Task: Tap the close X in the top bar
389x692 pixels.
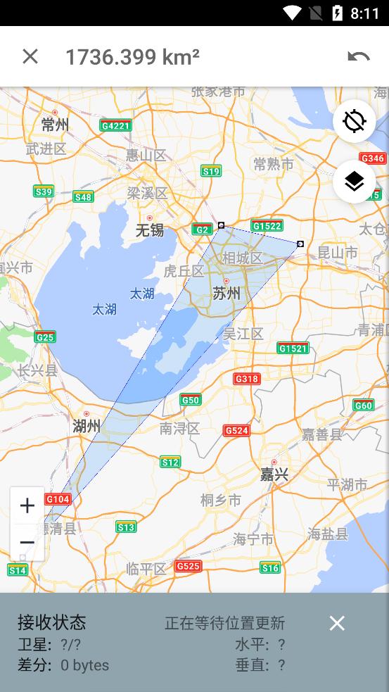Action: [x=30, y=56]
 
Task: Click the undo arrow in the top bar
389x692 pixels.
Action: [x=358, y=57]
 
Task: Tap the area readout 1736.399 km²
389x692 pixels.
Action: [x=132, y=57]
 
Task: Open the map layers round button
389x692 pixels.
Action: [x=354, y=182]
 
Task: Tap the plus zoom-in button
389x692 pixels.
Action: [x=27, y=505]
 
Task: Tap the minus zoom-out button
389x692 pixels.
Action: [x=27, y=542]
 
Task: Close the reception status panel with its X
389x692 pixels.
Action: [x=337, y=623]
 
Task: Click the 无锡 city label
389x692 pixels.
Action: [x=149, y=230]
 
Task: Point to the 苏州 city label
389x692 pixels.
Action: [x=226, y=293]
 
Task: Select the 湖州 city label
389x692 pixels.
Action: [x=87, y=425]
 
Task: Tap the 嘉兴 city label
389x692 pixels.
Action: [x=274, y=474]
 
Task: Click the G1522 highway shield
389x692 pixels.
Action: [x=267, y=226]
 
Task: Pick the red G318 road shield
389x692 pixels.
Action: [x=247, y=379]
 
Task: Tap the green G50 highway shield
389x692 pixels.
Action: [x=191, y=400]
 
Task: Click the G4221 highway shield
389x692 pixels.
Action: [x=115, y=126]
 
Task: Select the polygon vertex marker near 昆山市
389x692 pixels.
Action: [x=300, y=244]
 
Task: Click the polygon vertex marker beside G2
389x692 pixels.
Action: [x=221, y=225]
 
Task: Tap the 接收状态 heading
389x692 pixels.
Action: [x=51, y=622]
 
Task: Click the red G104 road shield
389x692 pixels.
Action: [x=58, y=499]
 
